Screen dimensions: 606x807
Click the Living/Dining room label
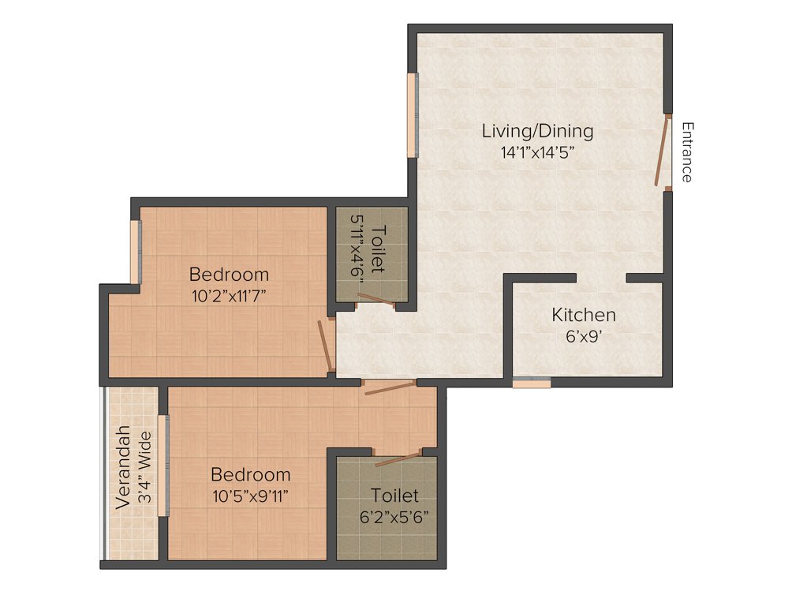coord(537,131)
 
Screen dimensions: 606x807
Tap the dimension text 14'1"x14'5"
coord(537,152)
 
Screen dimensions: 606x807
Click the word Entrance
coord(687,152)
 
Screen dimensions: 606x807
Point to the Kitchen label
coord(583,315)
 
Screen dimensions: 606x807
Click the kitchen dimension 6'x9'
coord(584,336)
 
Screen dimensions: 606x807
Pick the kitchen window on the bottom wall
coord(531,383)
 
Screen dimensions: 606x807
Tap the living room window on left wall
coord(411,115)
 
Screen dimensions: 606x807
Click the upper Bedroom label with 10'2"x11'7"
coord(229,275)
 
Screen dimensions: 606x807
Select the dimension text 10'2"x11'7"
coord(229,296)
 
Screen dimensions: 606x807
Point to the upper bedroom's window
coord(135,251)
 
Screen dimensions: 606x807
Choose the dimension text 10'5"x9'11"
coord(250,496)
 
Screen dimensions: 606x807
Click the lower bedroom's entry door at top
coord(389,387)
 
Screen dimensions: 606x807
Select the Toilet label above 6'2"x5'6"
coord(394,496)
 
